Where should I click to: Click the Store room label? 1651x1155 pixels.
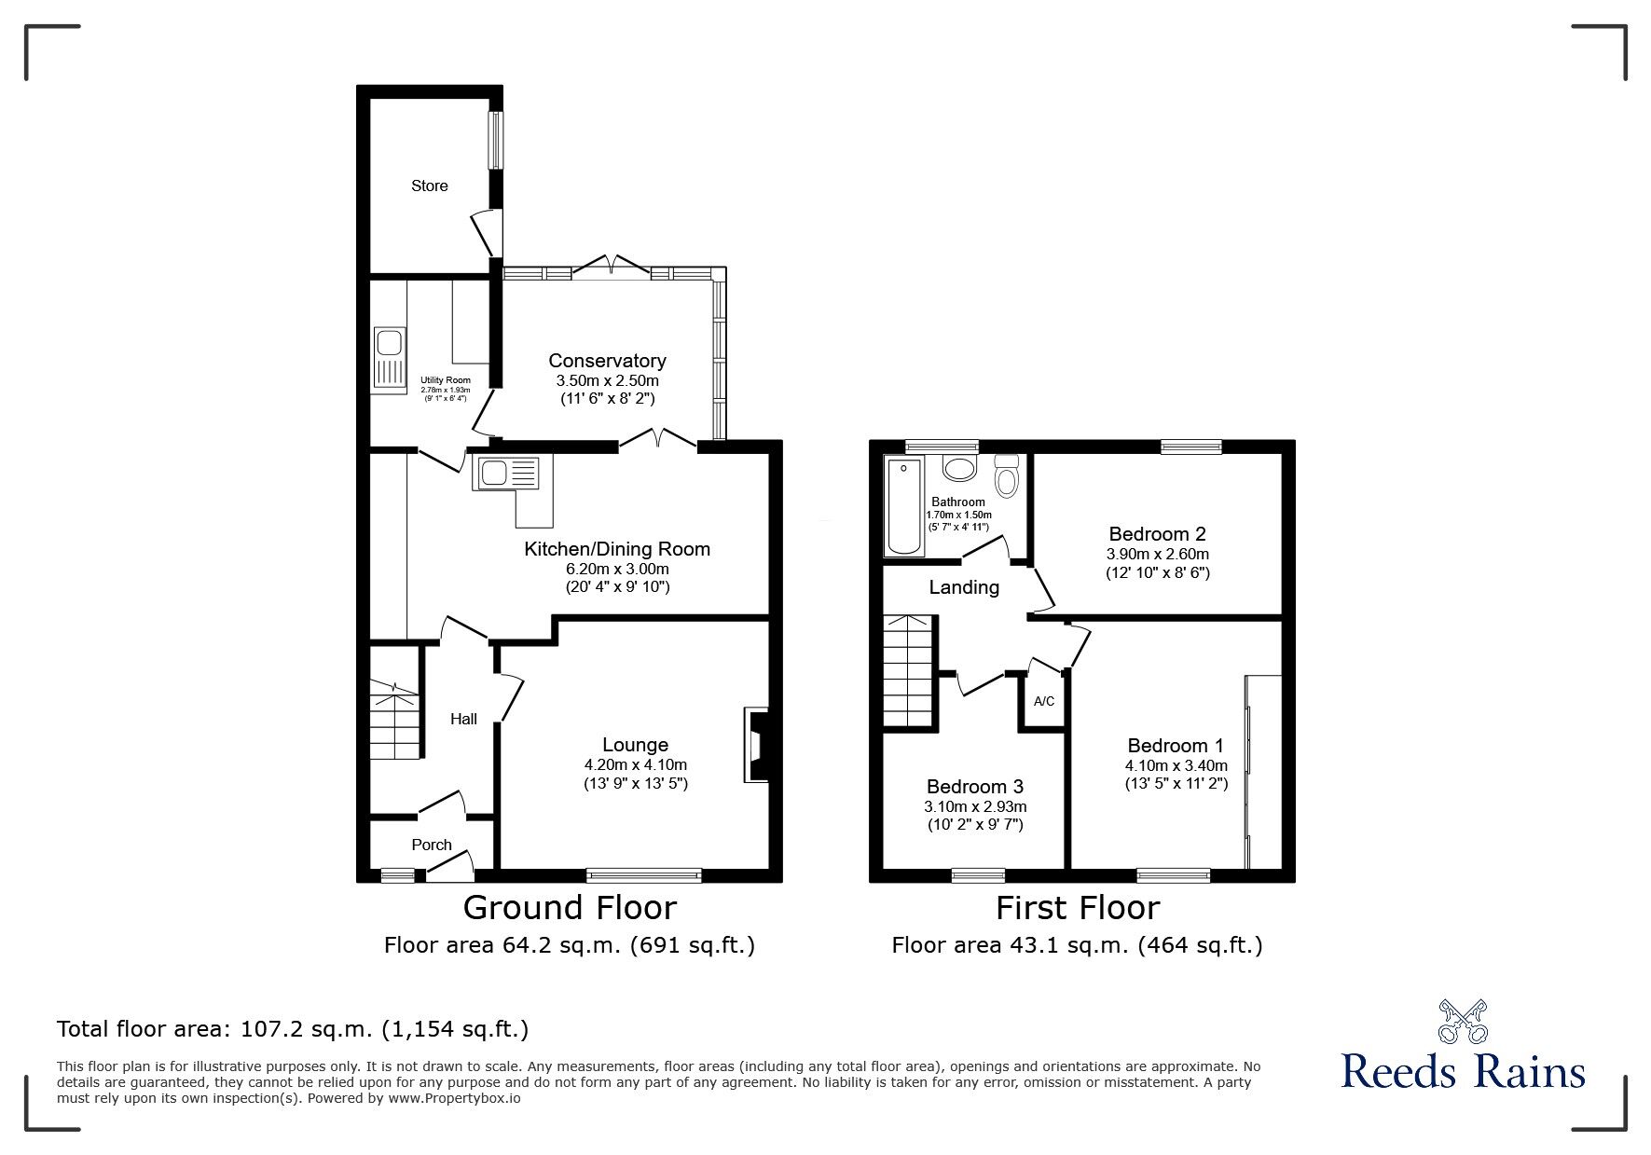point(430,186)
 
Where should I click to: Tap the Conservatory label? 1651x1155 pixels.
point(607,361)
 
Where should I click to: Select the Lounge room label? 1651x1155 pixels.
point(635,745)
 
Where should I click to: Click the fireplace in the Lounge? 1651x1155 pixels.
point(754,745)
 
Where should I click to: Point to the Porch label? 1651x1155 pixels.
point(432,845)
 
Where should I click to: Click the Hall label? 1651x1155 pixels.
point(463,719)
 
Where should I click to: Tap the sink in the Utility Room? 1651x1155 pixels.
point(390,356)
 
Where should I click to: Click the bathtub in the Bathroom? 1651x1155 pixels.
point(902,506)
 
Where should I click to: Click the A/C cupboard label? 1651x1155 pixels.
point(1044,701)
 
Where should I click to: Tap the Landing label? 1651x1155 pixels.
point(964,587)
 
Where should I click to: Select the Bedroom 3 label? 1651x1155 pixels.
point(975,787)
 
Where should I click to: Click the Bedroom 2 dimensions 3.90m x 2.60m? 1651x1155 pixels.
point(1157,554)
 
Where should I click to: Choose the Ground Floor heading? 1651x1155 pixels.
point(570,907)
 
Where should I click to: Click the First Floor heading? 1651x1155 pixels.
point(1078,907)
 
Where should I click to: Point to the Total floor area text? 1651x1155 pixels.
point(293,1029)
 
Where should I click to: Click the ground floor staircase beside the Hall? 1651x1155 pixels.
point(395,722)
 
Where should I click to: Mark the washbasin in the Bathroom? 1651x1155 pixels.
point(958,467)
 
